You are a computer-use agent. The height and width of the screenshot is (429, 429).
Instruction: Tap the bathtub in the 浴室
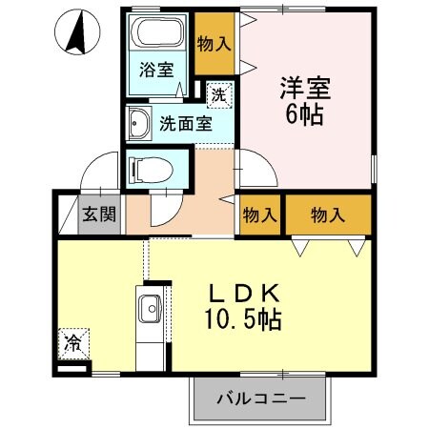[158, 36]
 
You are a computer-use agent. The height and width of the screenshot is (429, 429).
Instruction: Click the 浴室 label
[156, 71]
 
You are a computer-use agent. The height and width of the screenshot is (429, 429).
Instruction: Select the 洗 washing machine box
[218, 94]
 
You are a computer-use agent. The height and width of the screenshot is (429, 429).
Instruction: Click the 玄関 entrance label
[98, 214]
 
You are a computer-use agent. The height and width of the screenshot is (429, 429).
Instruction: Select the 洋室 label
[305, 88]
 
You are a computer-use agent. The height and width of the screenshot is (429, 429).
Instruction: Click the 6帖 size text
[305, 114]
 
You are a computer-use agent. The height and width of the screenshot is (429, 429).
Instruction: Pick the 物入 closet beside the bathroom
[214, 43]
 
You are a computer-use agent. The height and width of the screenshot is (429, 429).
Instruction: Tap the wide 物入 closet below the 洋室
[328, 214]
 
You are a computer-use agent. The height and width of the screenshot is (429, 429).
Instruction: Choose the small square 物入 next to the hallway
[258, 214]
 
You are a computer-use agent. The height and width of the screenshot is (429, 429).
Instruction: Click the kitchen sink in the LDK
[151, 311]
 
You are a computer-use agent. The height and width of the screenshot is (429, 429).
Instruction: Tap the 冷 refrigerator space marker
[72, 340]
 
